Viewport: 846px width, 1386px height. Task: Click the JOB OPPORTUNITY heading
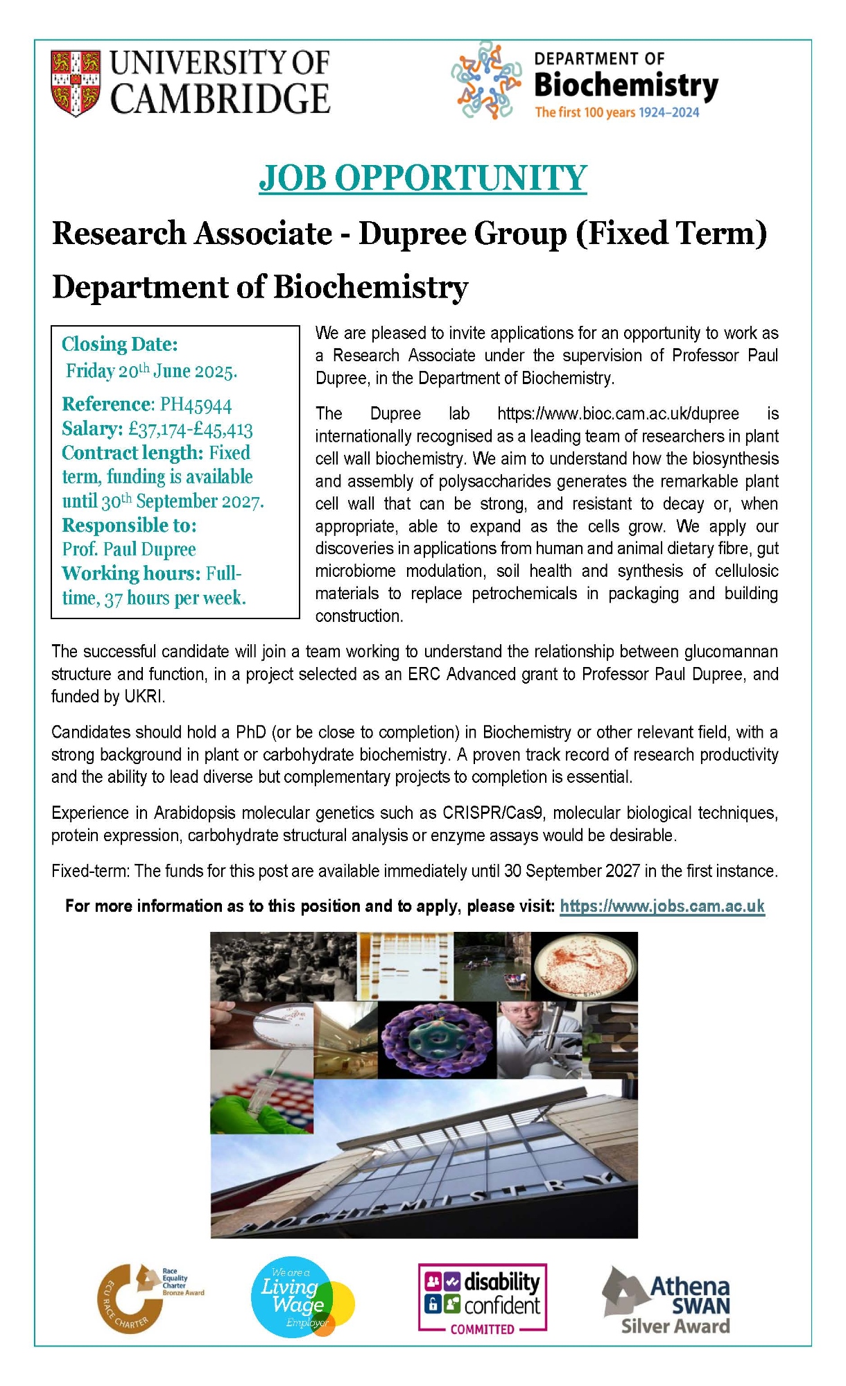coord(423,177)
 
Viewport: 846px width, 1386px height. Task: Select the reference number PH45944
coord(196,404)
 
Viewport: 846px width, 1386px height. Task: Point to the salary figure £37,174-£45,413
coord(191,429)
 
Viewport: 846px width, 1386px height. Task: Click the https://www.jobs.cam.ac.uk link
coord(662,906)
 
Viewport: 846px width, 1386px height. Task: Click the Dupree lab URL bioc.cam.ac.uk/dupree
coord(618,414)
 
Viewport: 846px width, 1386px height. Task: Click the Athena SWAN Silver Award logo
coord(667,1299)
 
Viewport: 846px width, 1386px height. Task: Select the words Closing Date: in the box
coord(120,344)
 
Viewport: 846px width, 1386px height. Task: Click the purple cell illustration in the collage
coord(437,1041)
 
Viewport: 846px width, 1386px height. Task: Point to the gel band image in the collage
coord(406,965)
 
